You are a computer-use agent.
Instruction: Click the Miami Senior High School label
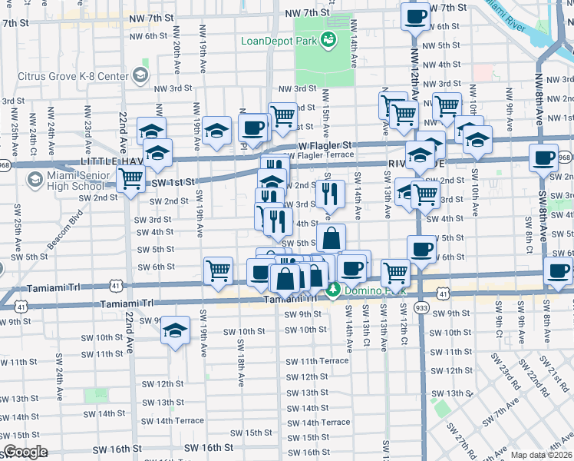tap(76, 181)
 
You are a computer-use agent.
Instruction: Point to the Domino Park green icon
tap(333, 290)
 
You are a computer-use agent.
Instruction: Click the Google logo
tap(25, 453)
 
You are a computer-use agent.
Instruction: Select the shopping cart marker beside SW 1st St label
tap(132, 178)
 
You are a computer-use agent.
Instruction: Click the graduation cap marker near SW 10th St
tap(176, 331)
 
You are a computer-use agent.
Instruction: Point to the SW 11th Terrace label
tap(318, 361)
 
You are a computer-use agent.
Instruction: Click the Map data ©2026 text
tap(541, 455)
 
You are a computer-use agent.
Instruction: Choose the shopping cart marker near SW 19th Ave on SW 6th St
tap(218, 270)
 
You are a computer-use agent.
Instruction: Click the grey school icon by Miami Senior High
tap(34, 180)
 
